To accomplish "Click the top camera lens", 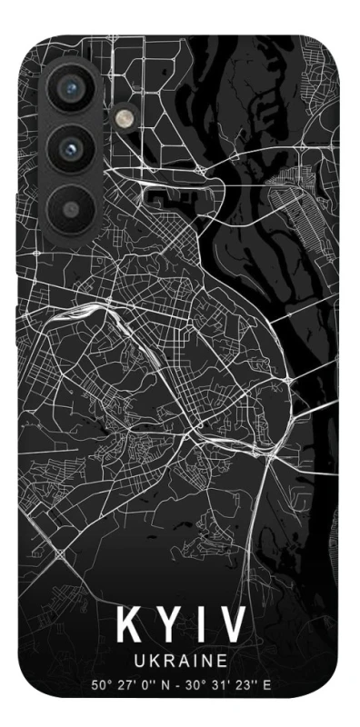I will pyautogui.click(x=68, y=89).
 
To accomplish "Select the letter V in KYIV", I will pyautogui.click(x=231, y=626).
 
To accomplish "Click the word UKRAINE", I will pyautogui.click(x=180, y=662).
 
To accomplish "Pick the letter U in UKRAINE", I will pyautogui.click(x=140, y=662).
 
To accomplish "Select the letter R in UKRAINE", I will pyautogui.click(x=166, y=662).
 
